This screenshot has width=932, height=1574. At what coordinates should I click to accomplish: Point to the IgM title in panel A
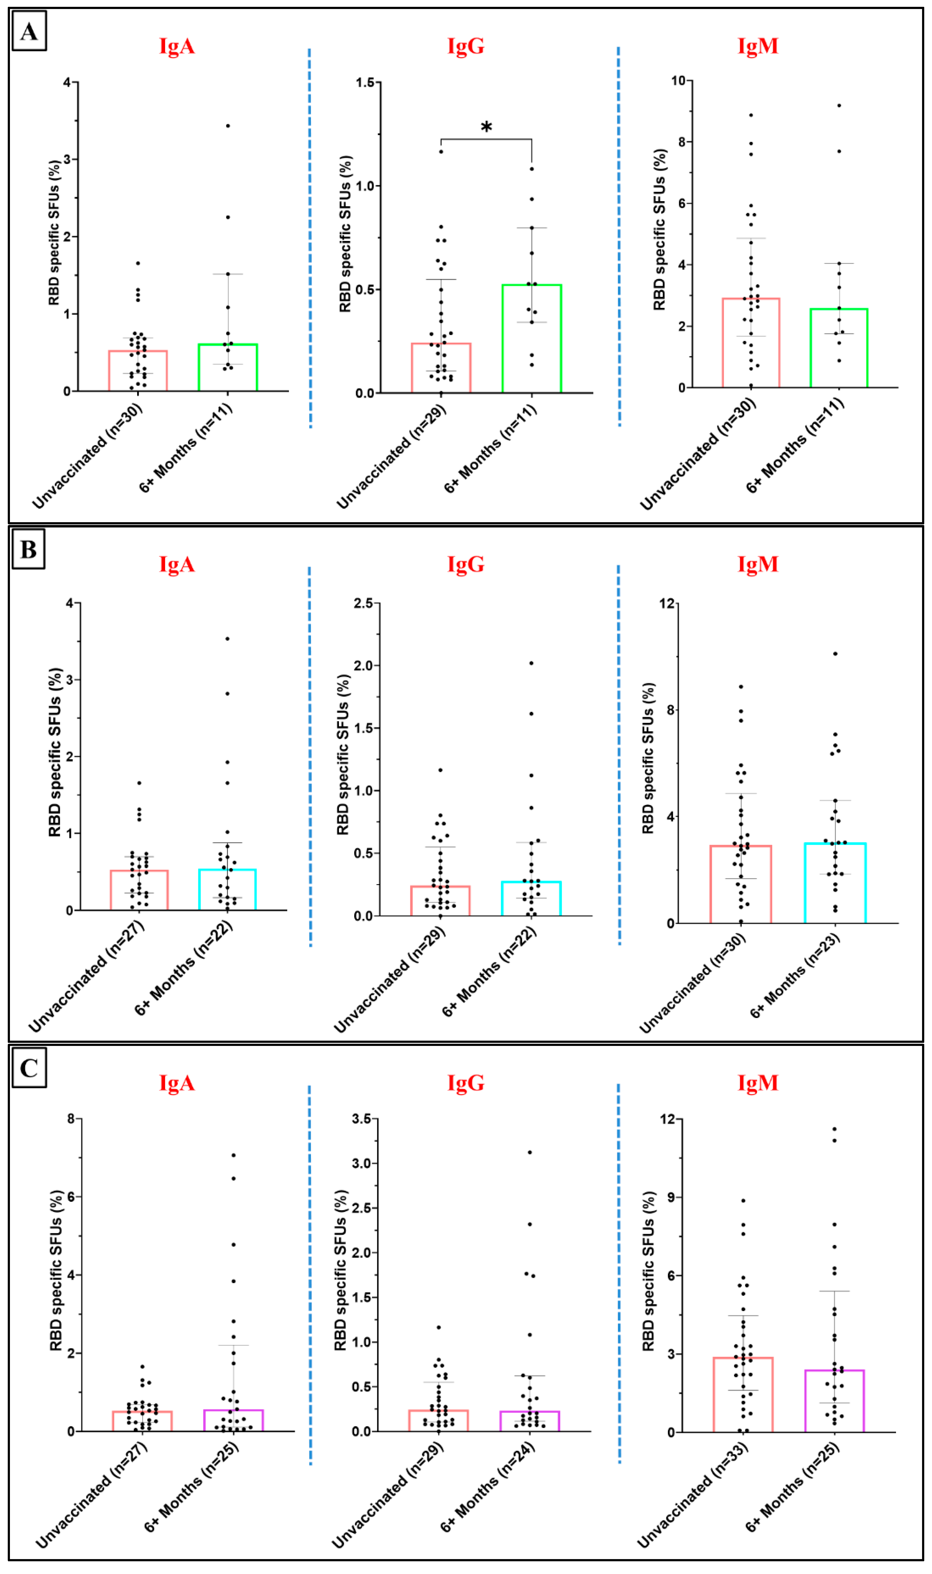pos(757,46)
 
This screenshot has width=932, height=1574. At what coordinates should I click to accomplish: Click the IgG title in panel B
pos(465,564)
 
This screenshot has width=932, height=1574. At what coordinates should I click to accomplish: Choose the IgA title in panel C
pos(177,1083)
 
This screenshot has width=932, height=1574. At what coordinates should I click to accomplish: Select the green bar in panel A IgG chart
pos(531,339)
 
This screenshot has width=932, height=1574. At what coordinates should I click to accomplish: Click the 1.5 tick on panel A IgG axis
pos(364,82)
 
